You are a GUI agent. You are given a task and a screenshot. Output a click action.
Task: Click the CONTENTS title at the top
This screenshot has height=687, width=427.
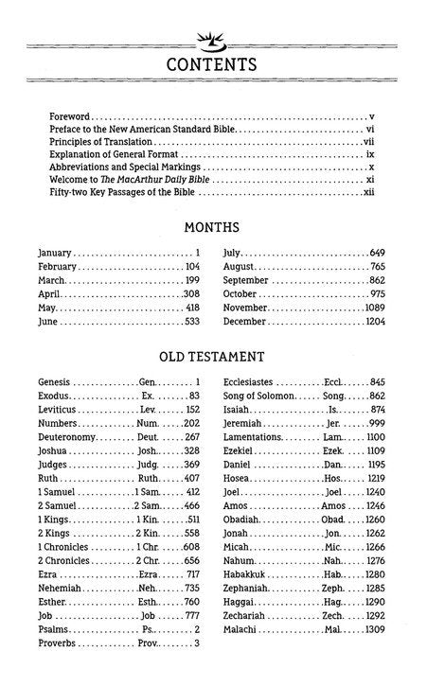(212, 64)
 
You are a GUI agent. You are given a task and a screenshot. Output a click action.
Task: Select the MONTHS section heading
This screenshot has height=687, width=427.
(212, 228)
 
